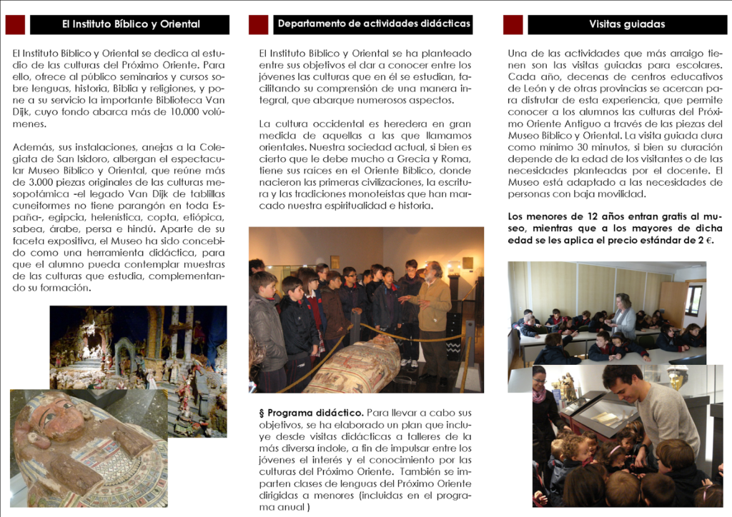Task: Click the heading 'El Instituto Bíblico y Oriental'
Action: pyautogui.click(x=130, y=24)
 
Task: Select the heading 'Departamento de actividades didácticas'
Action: pyautogui.click(x=373, y=24)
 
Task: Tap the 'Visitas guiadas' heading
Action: pyautogui.click(x=626, y=24)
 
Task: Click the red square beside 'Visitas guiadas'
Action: pyautogui.click(x=513, y=24)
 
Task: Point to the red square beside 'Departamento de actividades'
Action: pyautogui.click(x=258, y=24)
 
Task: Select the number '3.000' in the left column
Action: pyautogui.click(x=39, y=181)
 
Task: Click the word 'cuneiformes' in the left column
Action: pyautogui.click(x=40, y=205)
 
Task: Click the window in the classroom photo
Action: pyautogui.click(x=693, y=299)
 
